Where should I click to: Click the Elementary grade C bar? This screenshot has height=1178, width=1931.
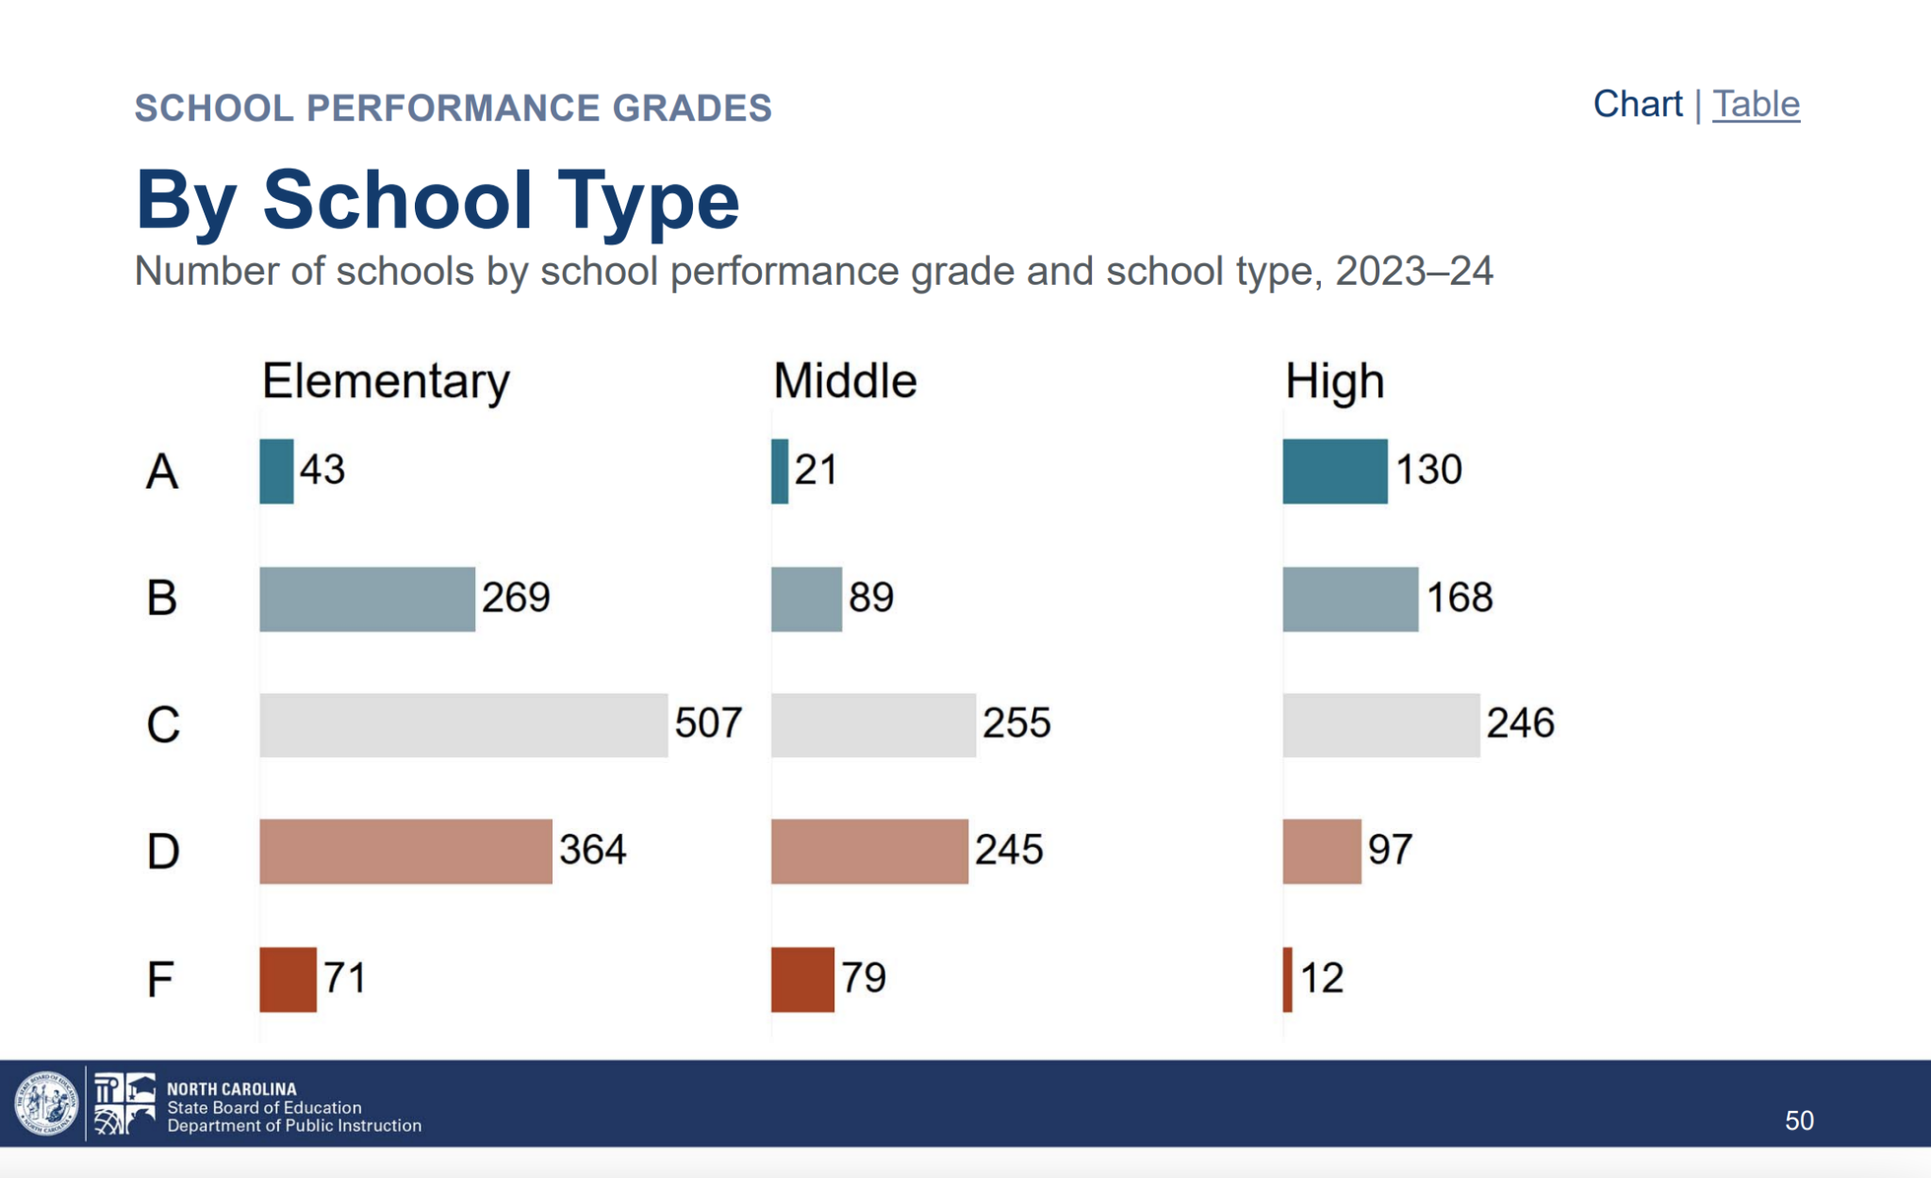[x=463, y=724]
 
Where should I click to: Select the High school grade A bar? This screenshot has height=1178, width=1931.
[x=1334, y=471]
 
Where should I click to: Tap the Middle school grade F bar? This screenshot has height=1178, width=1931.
[x=802, y=979]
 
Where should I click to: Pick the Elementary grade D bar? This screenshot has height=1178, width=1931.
[x=405, y=851]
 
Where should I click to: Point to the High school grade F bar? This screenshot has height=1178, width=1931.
[x=1287, y=979]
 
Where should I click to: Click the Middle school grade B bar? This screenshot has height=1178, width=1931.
[x=806, y=599]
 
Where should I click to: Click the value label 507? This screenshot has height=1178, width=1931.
[x=708, y=723]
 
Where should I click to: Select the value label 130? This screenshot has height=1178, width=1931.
[x=1428, y=470]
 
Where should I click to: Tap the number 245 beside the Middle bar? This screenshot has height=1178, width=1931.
[x=1008, y=850]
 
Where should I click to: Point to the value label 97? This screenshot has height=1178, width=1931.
[x=1390, y=850]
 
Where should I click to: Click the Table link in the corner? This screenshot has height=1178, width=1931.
[x=1756, y=104]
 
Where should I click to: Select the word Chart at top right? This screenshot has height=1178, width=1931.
[x=1637, y=104]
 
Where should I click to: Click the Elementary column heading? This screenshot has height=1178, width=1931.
[x=386, y=382]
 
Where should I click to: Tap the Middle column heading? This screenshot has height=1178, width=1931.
[x=845, y=382]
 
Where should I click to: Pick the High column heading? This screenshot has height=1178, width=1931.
[x=1334, y=382]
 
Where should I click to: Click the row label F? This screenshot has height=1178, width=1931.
[x=160, y=979]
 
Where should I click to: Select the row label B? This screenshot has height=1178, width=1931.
[x=161, y=598]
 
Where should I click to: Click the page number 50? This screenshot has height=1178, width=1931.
[x=1799, y=1120]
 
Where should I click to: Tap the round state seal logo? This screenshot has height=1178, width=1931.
[x=45, y=1103]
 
